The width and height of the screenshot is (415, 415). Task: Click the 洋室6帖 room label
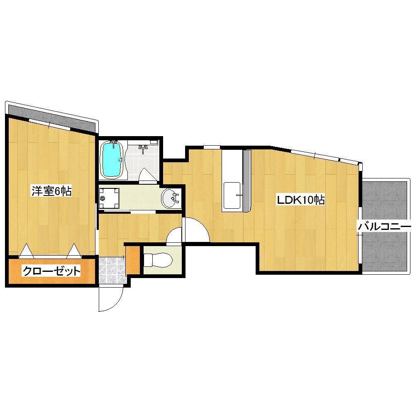(x=51, y=191)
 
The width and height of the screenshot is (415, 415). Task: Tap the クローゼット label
(x=51, y=271)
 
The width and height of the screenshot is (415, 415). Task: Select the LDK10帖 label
(x=300, y=200)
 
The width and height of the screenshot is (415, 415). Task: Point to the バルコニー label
(x=384, y=227)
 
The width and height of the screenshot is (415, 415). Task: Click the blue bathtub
(x=112, y=159)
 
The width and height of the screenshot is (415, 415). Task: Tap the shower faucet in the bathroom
(x=143, y=149)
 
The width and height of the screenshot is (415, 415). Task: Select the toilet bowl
(x=158, y=260)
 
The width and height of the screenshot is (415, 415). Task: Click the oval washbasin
(x=170, y=198)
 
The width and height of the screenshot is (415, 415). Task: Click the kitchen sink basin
(x=232, y=195)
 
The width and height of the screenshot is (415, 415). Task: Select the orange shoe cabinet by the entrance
(x=133, y=261)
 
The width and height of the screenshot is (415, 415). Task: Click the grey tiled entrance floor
(x=112, y=270)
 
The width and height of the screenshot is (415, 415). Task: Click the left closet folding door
(x=26, y=251)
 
